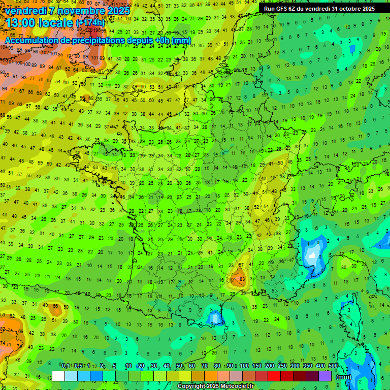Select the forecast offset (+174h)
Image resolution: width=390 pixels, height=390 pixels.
click(91, 23)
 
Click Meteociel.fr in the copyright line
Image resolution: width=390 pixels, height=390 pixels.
click(233, 386)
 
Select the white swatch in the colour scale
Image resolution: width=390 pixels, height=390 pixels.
click(58, 376)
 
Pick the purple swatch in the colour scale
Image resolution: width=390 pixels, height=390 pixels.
click(325, 376)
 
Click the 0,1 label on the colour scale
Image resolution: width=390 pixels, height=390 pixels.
click(65, 366)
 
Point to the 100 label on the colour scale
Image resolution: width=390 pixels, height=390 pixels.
click(244, 366)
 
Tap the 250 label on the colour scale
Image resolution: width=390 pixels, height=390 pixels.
click(282, 366)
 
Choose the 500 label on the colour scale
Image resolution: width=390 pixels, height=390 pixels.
click(333, 366)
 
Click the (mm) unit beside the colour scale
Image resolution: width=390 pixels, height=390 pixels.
click(344, 377)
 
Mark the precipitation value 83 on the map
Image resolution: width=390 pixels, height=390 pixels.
click(242, 279)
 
